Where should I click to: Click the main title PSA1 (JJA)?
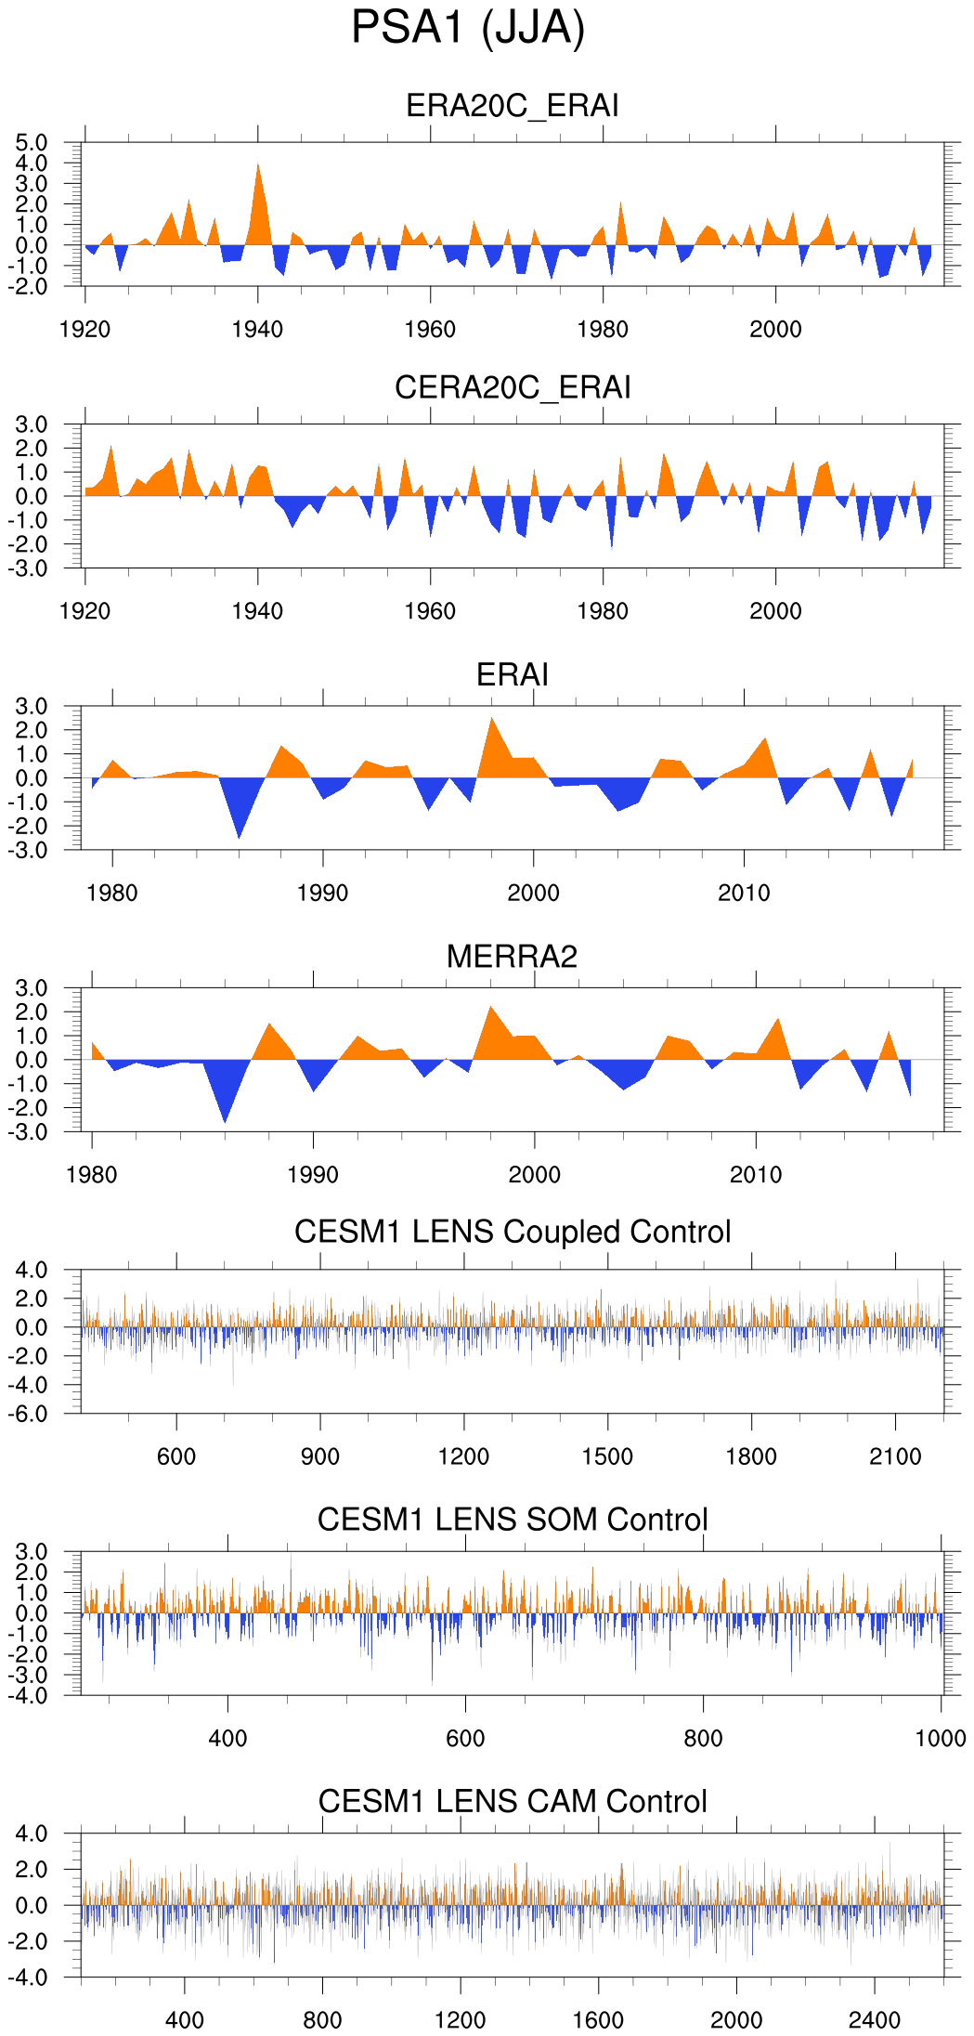click(468, 28)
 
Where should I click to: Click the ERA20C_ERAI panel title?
click(513, 106)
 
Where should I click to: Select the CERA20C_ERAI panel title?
click(513, 387)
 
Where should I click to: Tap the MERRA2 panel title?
click(512, 957)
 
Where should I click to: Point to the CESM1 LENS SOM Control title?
click(513, 1520)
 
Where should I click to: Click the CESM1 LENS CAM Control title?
click(513, 1801)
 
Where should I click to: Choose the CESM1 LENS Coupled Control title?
click(513, 1232)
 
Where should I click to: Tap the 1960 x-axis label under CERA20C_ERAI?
click(430, 611)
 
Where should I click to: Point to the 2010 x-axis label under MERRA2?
click(756, 1175)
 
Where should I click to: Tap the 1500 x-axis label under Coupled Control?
click(607, 1456)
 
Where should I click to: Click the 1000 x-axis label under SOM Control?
click(941, 1739)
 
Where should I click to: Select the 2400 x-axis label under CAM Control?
click(874, 2020)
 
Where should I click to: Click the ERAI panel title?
click(513, 674)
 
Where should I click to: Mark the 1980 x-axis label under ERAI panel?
click(112, 894)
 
